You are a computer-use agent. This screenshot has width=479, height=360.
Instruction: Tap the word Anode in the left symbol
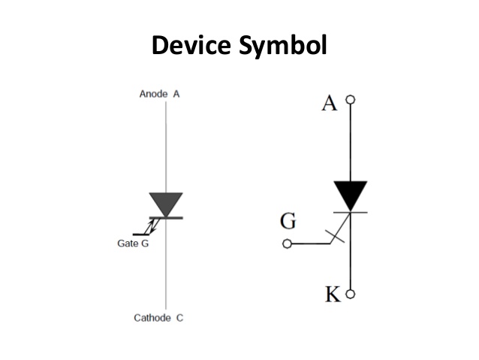point(154,94)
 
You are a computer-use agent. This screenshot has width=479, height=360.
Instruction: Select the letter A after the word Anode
point(176,94)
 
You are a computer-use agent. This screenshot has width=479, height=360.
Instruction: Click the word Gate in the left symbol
point(128,244)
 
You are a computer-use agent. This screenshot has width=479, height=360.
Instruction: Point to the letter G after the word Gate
point(144,244)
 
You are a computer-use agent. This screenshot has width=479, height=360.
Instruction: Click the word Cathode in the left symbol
point(153,318)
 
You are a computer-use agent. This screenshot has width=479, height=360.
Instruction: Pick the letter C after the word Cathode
point(179,318)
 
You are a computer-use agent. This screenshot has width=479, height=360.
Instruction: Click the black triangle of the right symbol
point(350,195)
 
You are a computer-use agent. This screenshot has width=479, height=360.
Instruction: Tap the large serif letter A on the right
point(329,104)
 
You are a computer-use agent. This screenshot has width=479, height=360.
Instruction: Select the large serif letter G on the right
point(288,222)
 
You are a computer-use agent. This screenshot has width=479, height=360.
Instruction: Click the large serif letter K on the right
point(332,294)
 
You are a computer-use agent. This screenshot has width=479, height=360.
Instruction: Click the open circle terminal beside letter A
point(350,99)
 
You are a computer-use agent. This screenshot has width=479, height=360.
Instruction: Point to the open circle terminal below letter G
point(286,244)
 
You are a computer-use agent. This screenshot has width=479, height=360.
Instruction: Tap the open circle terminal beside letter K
point(350,294)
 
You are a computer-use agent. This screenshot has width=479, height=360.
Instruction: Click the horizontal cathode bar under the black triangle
point(350,212)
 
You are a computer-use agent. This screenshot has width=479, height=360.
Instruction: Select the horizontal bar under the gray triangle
point(166,218)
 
